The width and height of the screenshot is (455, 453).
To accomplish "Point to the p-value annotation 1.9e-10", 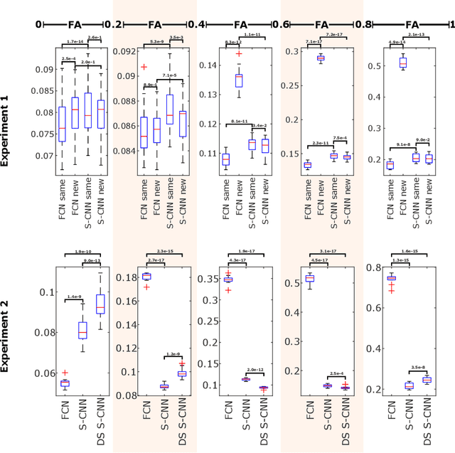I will point(73,252).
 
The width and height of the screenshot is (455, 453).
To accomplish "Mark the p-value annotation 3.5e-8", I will point(417,368).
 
